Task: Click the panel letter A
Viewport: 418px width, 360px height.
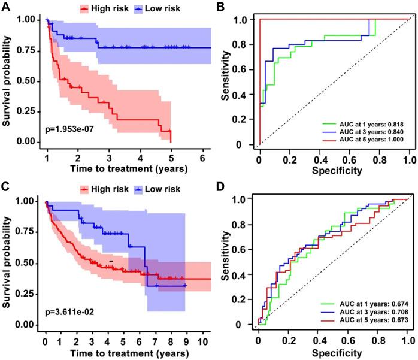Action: (6, 6)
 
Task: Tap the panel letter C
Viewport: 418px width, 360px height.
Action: (6, 185)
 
